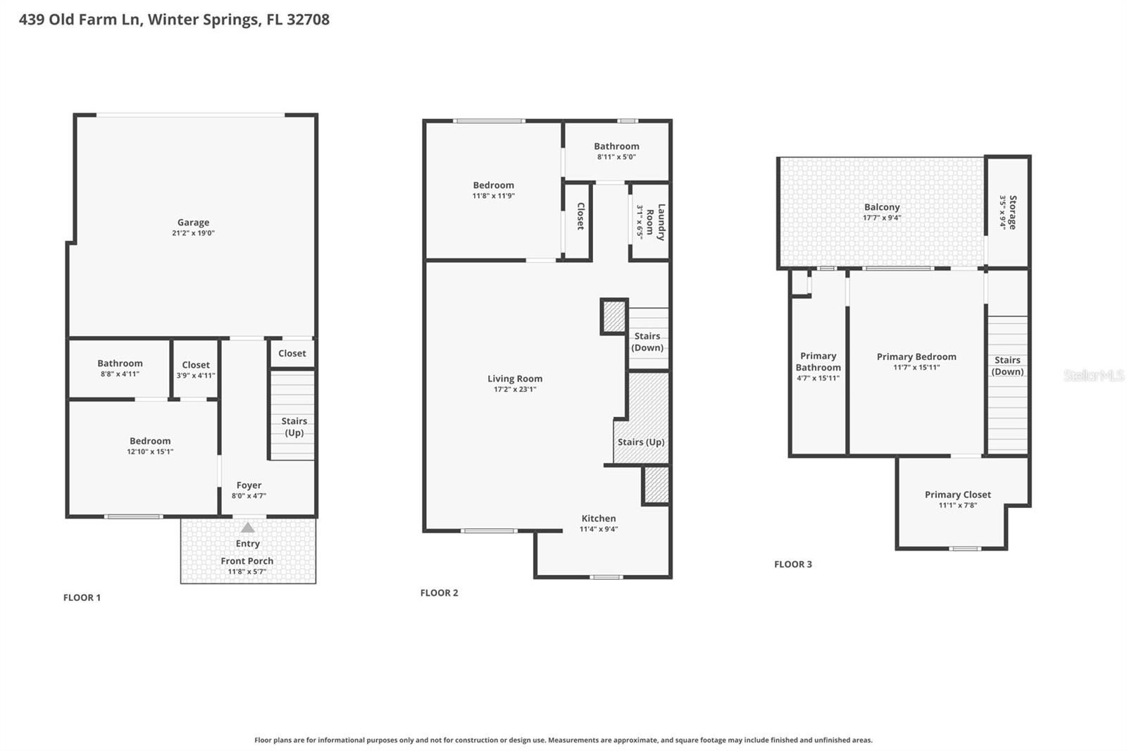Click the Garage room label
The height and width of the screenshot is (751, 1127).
(x=193, y=223)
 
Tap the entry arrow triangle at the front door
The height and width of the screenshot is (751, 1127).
(x=247, y=527)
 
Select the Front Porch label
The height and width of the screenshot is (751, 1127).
(x=247, y=561)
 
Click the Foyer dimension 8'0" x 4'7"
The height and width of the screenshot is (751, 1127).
(x=249, y=496)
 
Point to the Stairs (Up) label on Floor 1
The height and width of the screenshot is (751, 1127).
(x=294, y=426)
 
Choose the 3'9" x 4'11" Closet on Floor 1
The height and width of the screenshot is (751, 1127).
(x=196, y=370)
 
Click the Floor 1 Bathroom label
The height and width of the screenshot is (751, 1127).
(x=120, y=364)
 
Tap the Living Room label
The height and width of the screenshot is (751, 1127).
(x=515, y=378)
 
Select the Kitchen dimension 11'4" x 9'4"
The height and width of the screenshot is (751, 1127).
(x=598, y=529)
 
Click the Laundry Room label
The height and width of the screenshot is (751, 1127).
(x=656, y=222)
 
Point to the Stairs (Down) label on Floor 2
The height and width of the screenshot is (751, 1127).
(x=647, y=342)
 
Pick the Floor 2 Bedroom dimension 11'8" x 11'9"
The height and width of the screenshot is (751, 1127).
(x=493, y=196)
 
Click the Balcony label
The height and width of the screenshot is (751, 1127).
(x=882, y=207)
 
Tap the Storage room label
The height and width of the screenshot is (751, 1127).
(x=1013, y=212)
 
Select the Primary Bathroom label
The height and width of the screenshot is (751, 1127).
(x=818, y=361)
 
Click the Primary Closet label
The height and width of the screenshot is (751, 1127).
(x=957, y=495)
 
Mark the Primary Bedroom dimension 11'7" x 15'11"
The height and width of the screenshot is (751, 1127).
(x=916, y=367)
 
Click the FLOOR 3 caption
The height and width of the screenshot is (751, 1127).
(x=792, y=564)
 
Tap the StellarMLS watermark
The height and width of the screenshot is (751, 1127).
(x=1093, y=375)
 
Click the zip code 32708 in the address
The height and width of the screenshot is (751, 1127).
(x=308, y=19)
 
